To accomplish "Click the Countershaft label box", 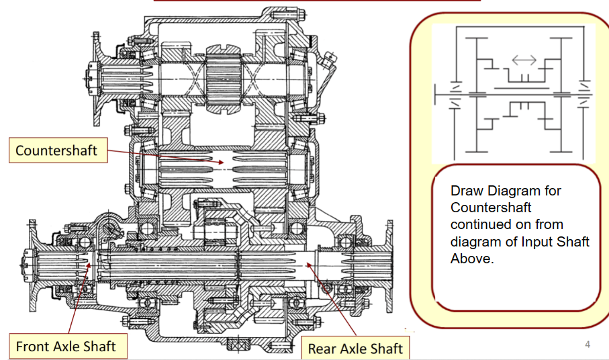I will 56,150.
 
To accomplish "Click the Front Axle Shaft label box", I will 66,347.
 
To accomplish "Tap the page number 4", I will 588,345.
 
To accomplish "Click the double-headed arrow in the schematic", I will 524,60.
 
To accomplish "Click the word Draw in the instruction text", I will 467,191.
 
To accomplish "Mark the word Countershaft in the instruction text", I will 491,208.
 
